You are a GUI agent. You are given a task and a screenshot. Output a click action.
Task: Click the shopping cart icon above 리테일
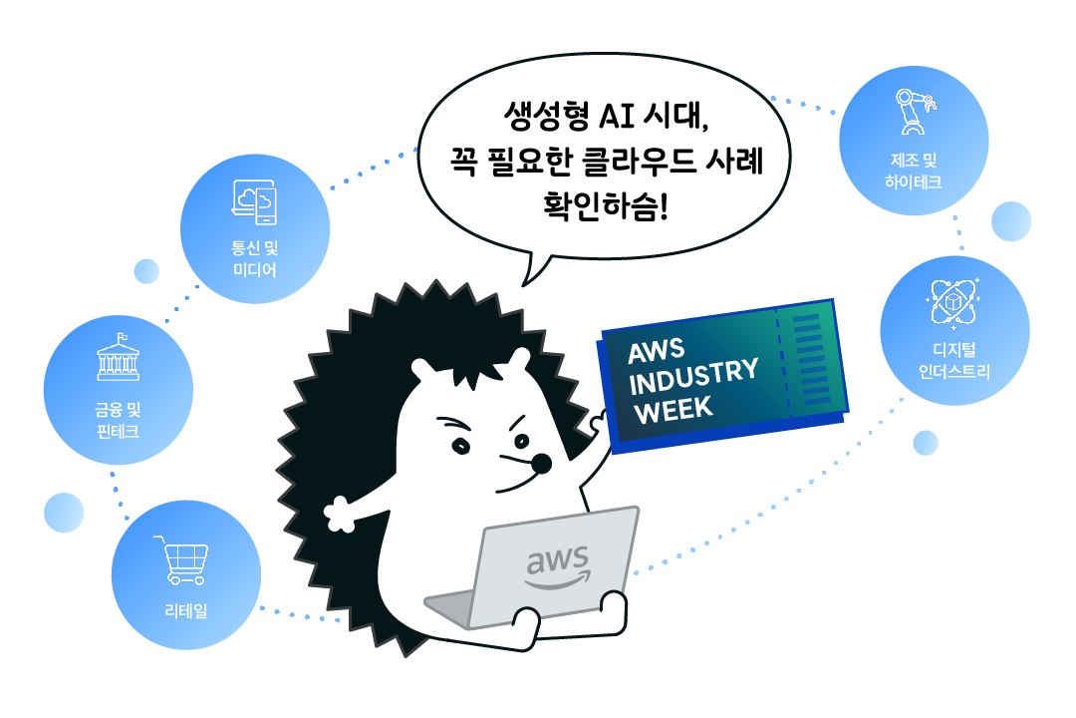pos(180,560)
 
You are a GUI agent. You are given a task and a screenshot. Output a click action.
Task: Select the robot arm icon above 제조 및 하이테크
pos(913,111)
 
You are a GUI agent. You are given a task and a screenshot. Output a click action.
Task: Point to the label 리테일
pos(187,610)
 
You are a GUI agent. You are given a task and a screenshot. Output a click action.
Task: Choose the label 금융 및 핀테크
pos(118,419)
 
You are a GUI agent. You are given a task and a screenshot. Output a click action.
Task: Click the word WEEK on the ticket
pos(675,409)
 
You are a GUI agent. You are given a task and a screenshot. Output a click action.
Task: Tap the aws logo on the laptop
pos(558,566)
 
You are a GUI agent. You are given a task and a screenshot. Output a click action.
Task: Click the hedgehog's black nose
pos(541,463)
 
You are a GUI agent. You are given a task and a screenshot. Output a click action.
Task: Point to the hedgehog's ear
pos(517,363)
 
